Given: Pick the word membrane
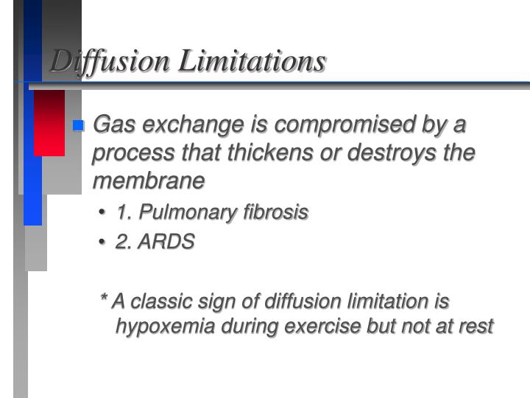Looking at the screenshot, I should click(x=147, y=180).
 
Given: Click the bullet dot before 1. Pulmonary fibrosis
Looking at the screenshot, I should click(x=103, y=214).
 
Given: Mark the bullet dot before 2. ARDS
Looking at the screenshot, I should click(x=103, y=242).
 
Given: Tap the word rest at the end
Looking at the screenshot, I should click(x=475, y=326).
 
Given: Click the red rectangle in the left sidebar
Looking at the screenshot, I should click(x=49, y=122).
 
